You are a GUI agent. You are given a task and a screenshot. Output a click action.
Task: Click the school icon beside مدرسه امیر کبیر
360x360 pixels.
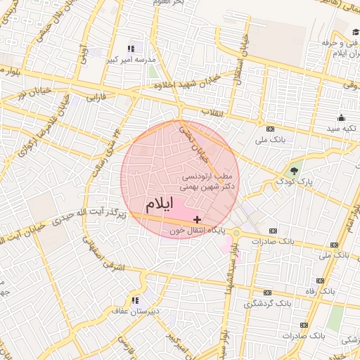coord(130,49)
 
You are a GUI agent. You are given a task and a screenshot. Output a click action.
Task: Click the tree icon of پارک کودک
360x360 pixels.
coord(294,171)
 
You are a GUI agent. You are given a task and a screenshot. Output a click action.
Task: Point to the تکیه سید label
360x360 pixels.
coord(341,130)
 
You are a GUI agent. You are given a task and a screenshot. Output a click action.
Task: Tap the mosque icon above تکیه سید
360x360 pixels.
coord(341,118)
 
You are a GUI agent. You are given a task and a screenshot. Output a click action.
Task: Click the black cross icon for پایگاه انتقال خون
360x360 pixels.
coord(197,220)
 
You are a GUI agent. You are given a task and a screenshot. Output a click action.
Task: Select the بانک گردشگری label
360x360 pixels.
coord(267,304)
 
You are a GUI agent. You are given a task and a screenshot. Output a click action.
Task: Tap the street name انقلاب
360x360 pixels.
coord(211,112)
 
